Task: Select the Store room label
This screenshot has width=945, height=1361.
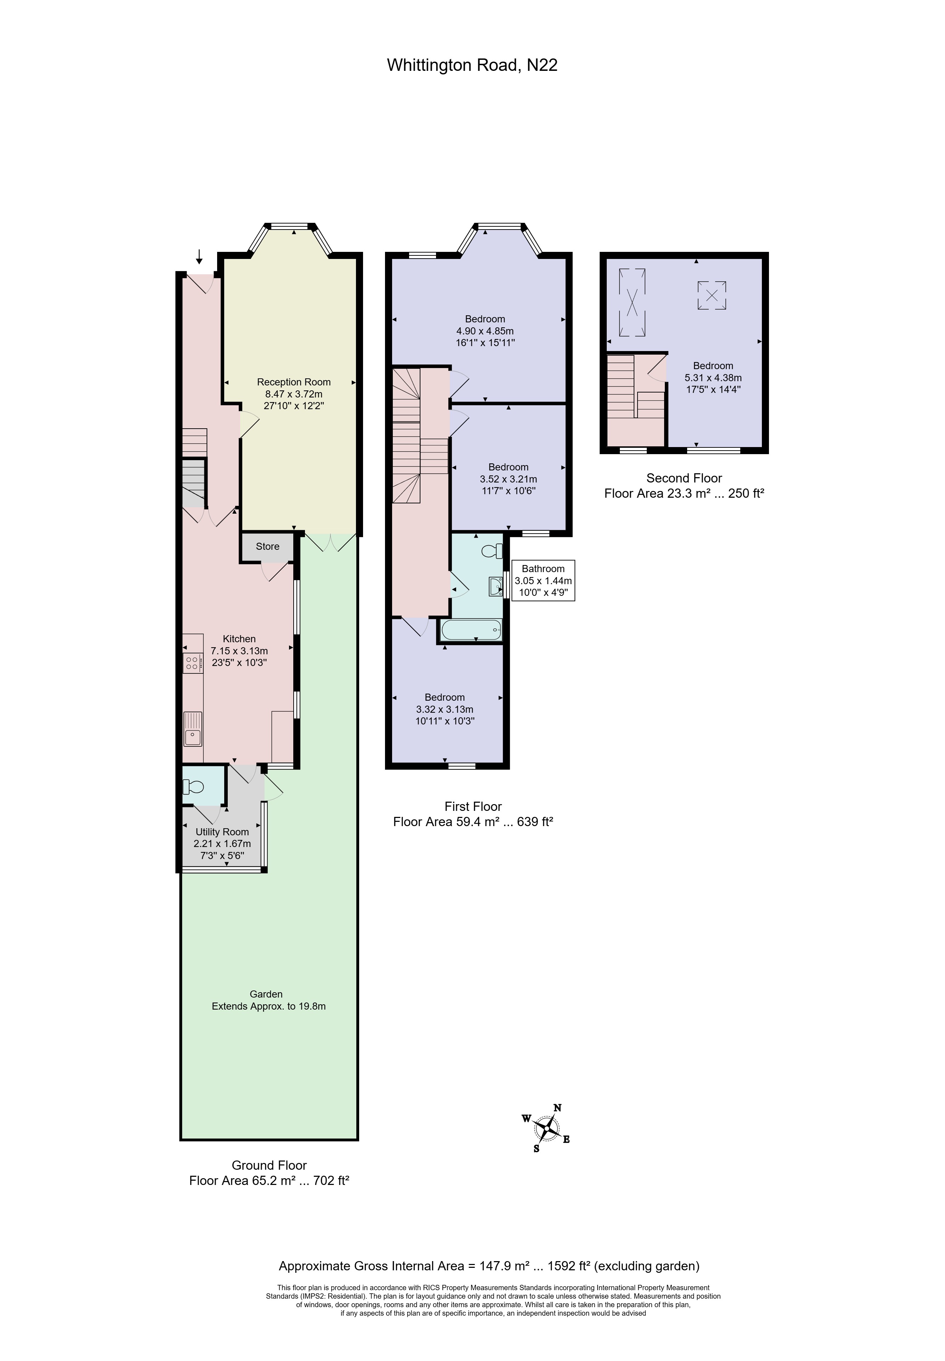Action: pos(268,546)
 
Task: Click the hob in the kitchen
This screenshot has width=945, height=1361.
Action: pos(192,663)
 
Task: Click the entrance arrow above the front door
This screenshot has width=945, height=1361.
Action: pos(199,257)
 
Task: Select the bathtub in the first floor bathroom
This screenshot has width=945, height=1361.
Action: pos(472,630)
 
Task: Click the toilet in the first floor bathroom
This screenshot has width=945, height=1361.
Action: pos(491,552)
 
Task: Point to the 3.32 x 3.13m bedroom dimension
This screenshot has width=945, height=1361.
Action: pos(445,709)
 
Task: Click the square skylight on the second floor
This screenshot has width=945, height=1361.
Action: pos(712,295)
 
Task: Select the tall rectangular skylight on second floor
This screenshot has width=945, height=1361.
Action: pos(632,302)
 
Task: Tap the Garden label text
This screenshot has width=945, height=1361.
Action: pos(266,994)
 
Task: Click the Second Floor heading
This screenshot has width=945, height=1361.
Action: pos(684,478)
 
